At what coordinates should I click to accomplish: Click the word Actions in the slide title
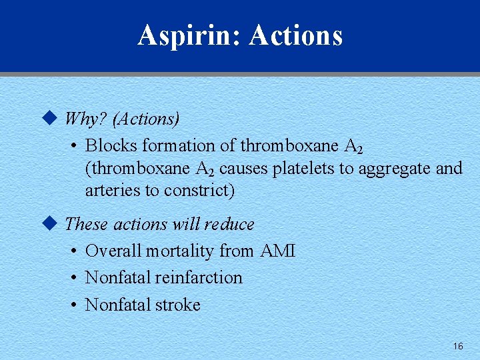(296, 35)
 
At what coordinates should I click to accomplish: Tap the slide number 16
(457, 346)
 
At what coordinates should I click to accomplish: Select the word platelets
(303, 168)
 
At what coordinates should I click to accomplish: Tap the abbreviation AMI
(277, 251)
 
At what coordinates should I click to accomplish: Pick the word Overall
(113, 251)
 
